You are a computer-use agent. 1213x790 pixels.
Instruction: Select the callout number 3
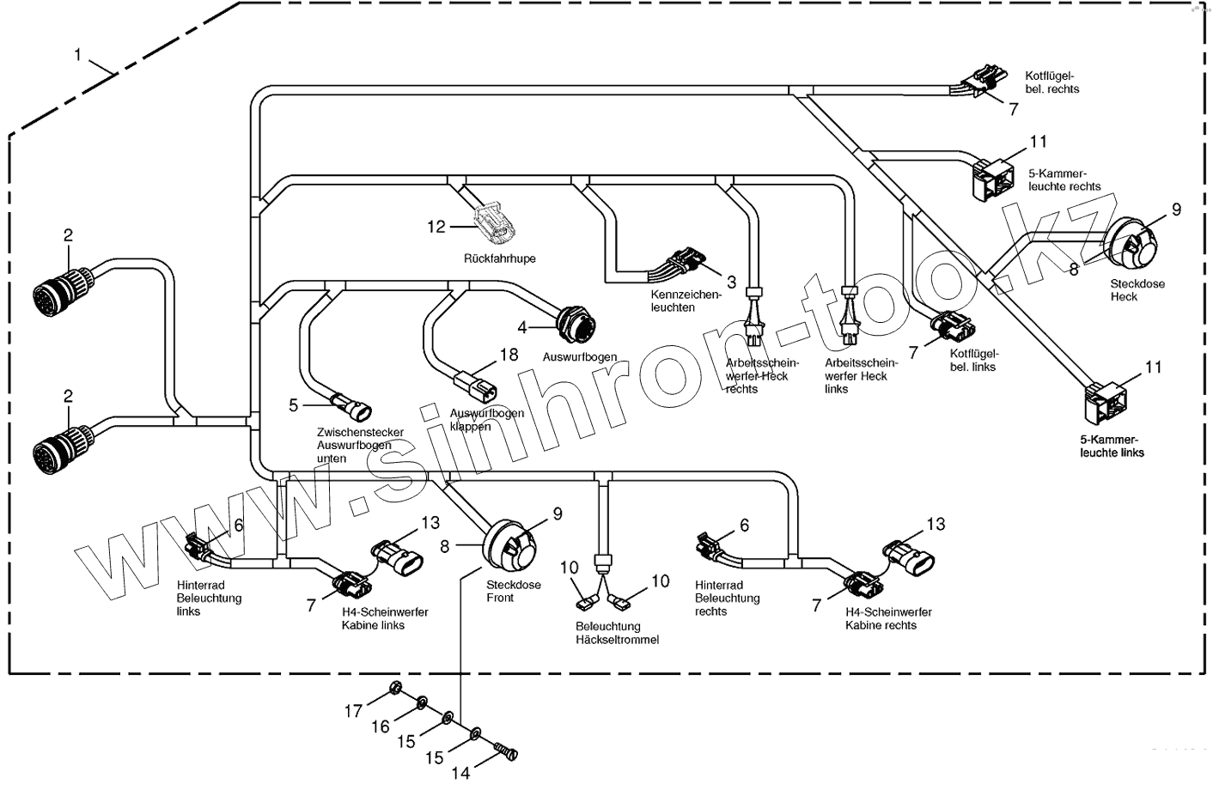tap(731, 281)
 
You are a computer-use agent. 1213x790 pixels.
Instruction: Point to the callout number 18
tap(509, 355)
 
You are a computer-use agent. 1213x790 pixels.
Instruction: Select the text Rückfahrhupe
tap(499, 258)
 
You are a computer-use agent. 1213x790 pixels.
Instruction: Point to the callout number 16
tap(381, 727)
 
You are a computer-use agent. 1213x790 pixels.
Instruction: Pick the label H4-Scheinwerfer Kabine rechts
tap(887, 618)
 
